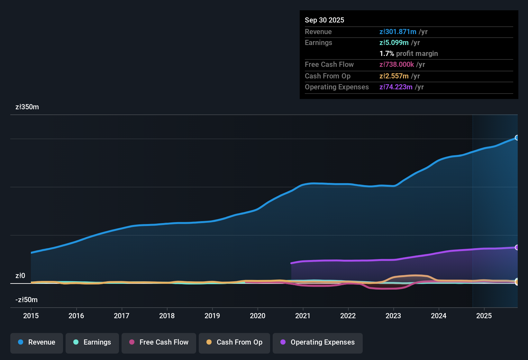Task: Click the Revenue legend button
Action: (37, 342)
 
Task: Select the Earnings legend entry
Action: (92, 342)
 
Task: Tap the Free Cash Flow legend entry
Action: (159, 342)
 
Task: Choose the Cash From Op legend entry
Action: (234, 342)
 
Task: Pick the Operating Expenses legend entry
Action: (318, 342)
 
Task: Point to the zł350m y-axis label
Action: (27, 107)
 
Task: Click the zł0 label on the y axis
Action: (20, 276)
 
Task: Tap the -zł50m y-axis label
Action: (26, 300)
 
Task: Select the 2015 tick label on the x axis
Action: (31, 316)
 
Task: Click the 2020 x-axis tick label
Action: (258, 316)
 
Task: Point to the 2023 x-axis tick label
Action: (393, 316)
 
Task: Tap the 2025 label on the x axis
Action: (484, 316)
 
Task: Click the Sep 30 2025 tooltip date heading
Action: (324, 20)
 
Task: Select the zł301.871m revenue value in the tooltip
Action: (398, 32)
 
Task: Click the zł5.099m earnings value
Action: (394, 43)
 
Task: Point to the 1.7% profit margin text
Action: (409, 54)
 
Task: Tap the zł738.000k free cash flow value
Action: (396, 65)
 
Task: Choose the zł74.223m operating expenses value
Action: (396, 87)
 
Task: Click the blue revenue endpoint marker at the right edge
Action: (517, 138)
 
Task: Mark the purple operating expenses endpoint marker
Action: (517, 248)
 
